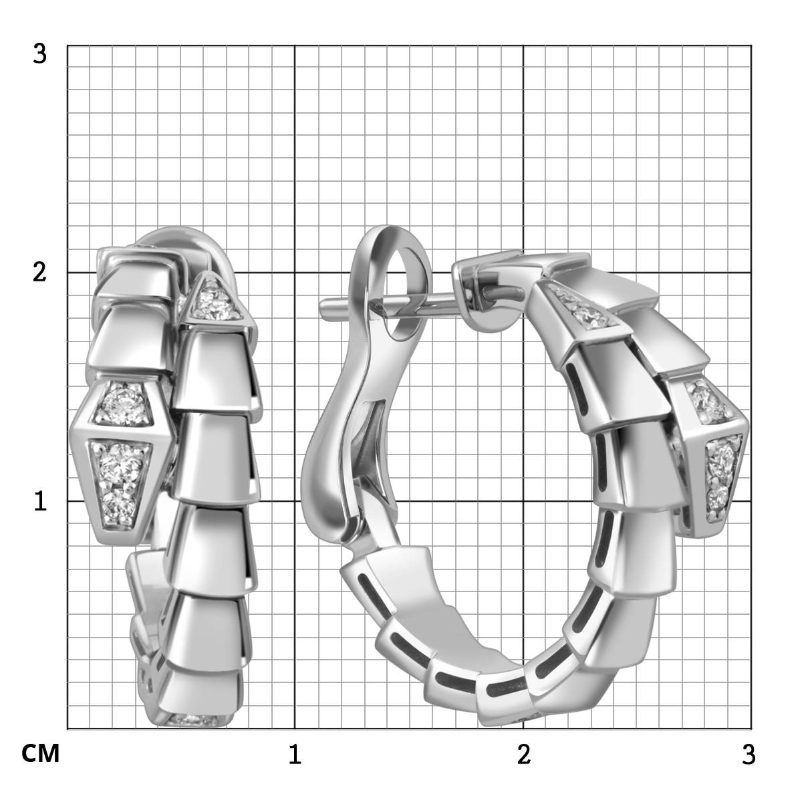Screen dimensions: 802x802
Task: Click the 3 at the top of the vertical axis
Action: [39, 54]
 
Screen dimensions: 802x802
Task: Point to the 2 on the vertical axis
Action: [39, 273]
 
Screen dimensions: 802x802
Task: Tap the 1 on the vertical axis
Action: [40, 501]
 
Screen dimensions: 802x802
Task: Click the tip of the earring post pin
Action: [321, 307]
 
